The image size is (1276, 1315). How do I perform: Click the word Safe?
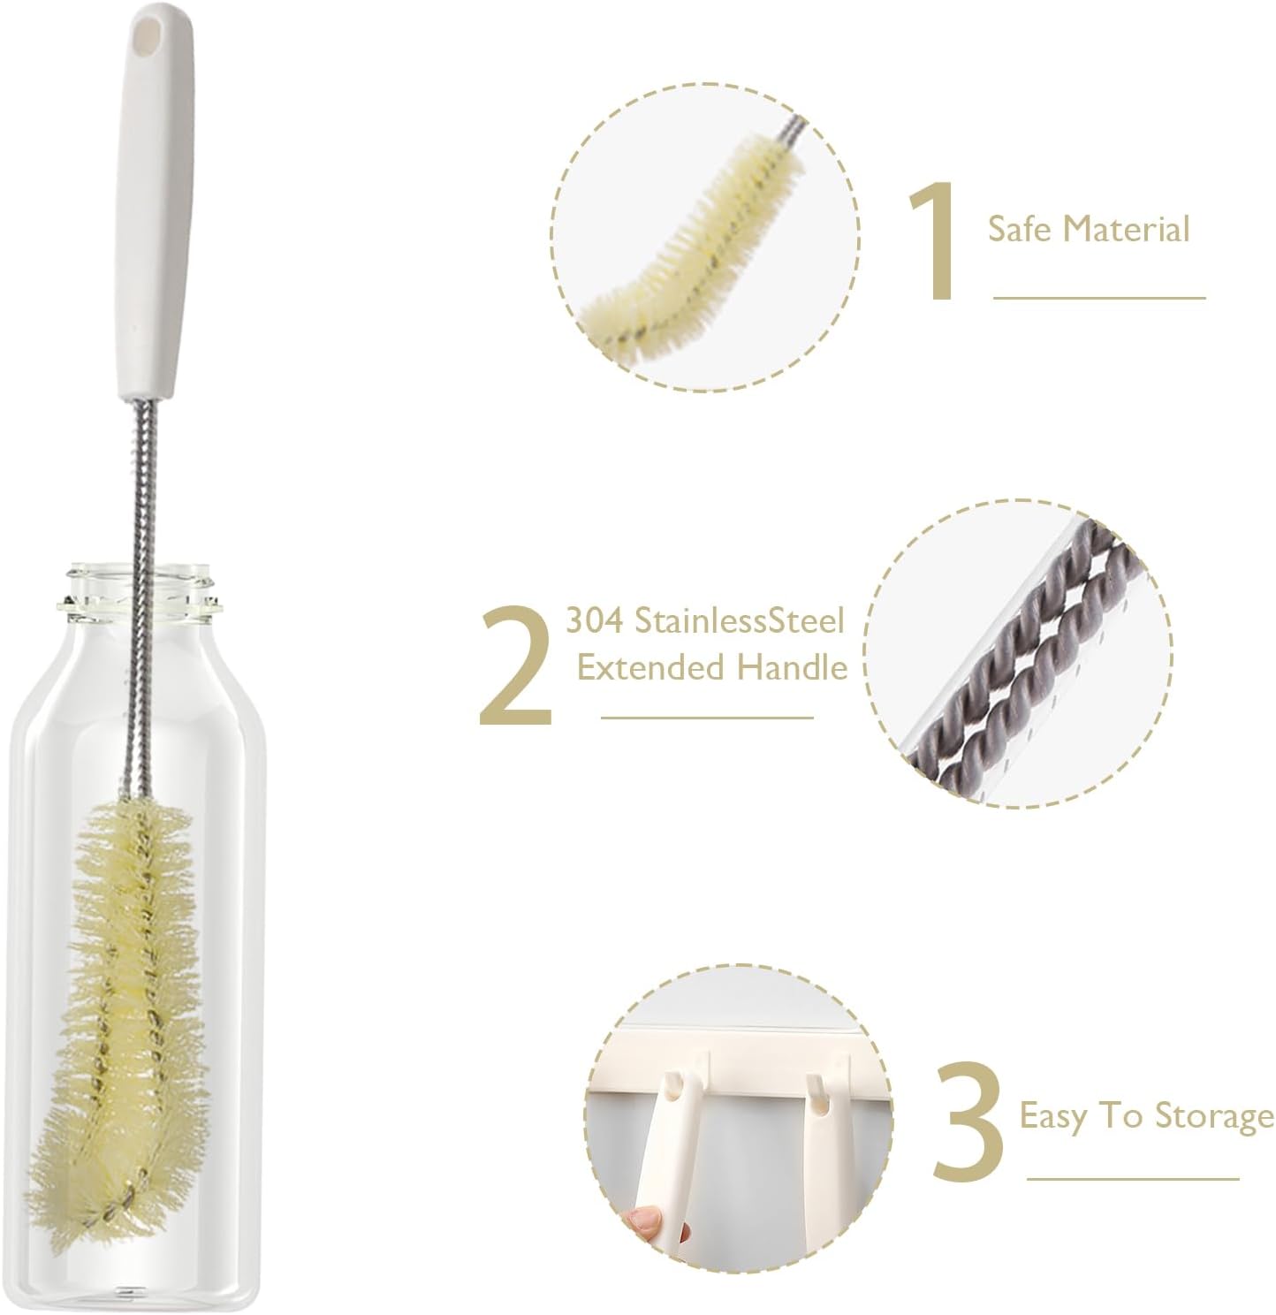(x=1019, y=230)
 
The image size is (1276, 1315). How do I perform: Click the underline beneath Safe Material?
(x=1099, y=298)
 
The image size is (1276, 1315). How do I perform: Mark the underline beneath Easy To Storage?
(x=1134, y=1178)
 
